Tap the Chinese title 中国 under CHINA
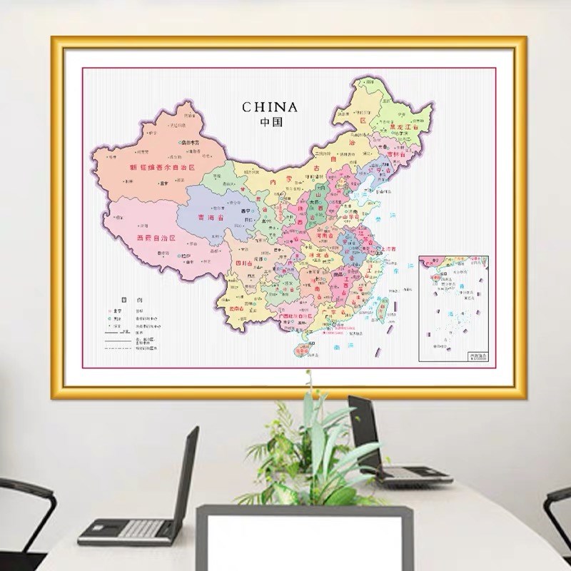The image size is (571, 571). point(270,121)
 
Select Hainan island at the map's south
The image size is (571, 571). point(305,349)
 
